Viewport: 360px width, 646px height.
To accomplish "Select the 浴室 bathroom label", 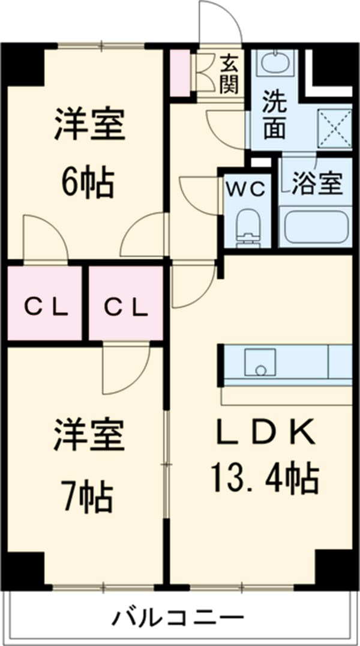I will (316, 184).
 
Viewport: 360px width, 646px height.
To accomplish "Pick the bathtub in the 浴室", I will (316, 228).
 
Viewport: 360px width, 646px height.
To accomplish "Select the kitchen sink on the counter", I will (260, 362).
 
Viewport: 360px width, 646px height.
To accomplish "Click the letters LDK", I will (264, 432).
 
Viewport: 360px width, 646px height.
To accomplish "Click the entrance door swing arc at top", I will (220, 23).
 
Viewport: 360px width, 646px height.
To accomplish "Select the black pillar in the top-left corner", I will (24, 64).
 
